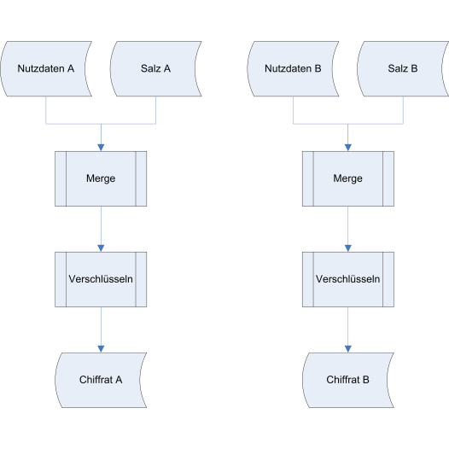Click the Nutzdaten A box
[46, 69]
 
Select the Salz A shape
[155, 69]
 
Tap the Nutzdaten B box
[293, 69]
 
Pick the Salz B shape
[403, 69]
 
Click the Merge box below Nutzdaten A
[101, 178]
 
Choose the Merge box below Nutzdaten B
[348, 178]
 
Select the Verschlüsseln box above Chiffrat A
[101, 279]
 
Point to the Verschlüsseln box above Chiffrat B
[348, 279]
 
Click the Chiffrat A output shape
[101, 380]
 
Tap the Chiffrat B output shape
[348, 380]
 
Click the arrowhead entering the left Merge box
[101, 148]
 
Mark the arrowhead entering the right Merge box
[348, 148]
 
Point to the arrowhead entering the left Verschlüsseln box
[101, 248]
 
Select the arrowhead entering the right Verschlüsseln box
[348, 248]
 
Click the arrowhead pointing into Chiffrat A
[101, 349]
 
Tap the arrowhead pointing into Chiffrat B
[348, 349]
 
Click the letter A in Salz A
[167, 69]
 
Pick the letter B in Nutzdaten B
[318, 69]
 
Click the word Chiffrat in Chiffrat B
[343, 380]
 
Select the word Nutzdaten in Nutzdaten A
[41, 69]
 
